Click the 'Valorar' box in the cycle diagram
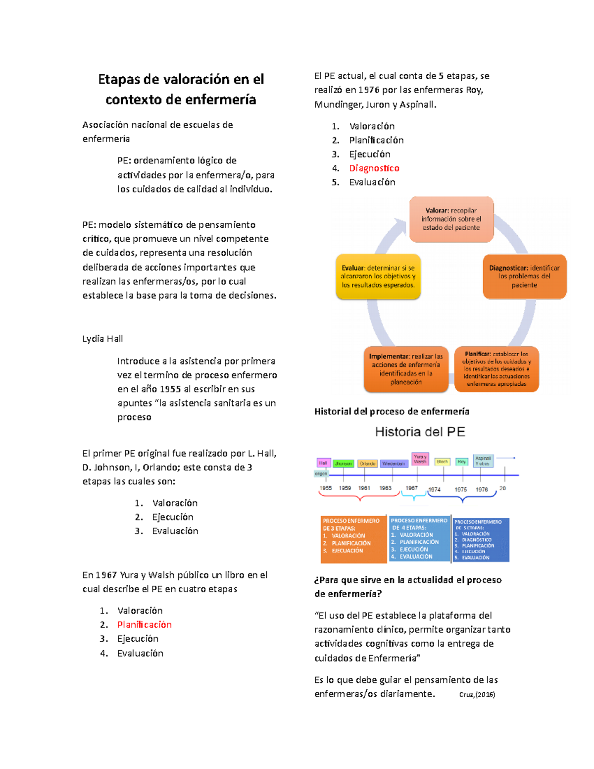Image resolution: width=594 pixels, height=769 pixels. coord(451,219)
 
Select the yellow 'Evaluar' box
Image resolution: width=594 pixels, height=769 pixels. coord(378,276)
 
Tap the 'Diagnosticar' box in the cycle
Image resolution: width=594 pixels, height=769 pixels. coord(524,276)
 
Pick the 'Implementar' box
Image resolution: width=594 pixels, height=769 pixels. coord(406,369)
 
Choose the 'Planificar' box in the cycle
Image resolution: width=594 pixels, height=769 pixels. coord(496,369)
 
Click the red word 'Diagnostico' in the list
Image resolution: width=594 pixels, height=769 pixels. coord(374,168)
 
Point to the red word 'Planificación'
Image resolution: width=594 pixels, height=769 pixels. coord(145,625)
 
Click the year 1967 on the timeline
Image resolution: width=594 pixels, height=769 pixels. coord(412,488)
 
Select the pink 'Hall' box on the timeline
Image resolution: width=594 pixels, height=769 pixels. coord(323,463)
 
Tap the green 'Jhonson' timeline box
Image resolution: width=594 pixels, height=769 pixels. coord(343,463)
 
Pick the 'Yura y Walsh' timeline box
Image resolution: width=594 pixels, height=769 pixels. coord(420,459)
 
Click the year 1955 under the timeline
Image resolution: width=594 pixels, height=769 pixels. coord(326,488)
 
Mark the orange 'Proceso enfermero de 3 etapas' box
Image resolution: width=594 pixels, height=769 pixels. coord(353,539)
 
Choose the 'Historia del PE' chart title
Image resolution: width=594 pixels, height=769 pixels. coord(420,432)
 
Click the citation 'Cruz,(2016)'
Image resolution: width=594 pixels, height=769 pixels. coord(477,695)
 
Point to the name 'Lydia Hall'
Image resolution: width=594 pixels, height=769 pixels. coord(102,339)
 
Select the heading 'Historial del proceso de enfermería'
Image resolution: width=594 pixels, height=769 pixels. coord(392,411)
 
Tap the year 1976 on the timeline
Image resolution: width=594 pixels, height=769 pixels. coord(482,489)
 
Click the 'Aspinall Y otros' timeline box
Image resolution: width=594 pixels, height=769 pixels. coord(483,461)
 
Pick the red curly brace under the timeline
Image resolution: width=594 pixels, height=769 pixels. coord(360,498)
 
